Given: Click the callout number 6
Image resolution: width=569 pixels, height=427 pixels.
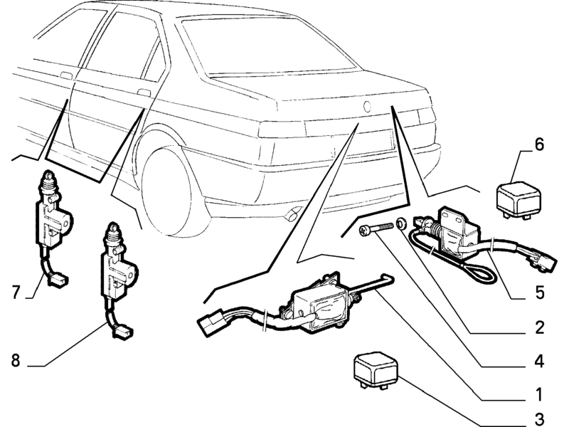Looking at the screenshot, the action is [x=539, y=144].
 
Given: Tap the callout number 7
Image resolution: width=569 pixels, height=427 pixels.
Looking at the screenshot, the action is [x=16, y=292].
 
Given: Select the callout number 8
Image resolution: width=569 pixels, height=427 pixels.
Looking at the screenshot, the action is [x=15, y=361].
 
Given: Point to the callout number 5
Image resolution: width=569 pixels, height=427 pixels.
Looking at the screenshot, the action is [x=540, y=292].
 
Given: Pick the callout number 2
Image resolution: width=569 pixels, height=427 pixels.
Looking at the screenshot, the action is [x=540, y=327].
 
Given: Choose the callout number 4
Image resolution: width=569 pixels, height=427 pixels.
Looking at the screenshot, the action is [x=539, y=362].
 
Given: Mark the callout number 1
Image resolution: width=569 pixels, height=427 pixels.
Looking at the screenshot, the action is [x=539, y=394].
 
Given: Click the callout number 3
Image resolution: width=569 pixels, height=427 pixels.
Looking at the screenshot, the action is [x=540, y=418].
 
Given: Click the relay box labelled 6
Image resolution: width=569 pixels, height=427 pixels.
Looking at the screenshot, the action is [x=518, y=200].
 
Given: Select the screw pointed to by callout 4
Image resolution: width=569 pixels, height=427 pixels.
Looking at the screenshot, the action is [x=376, y=228].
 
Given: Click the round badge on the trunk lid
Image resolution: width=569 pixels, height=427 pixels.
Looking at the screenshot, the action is [x=367, y=106].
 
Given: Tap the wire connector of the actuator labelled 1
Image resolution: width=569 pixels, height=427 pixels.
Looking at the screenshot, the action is [x=210, y=322].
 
